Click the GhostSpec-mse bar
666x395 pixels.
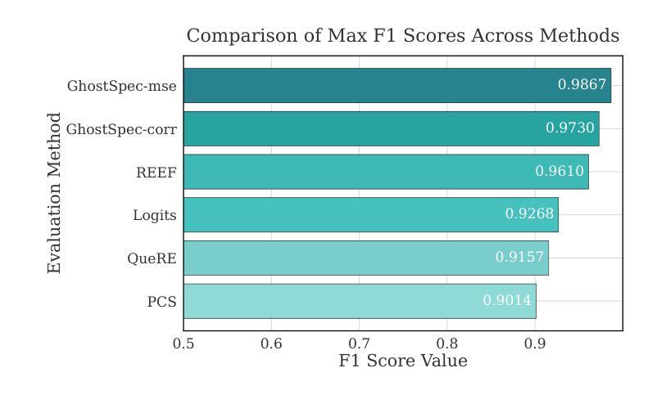pyautogui.click(x=369, y=85)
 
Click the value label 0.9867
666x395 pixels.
pyautogui.click(x=582, y=85)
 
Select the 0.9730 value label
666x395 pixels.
pyautogui.click(x=570, y=128)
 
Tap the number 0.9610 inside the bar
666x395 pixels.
pyautogui.click(x=560, y=172)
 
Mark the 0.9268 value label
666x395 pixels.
pyautogui.click(x=529, y=214)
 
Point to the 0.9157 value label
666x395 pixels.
pyautogui.click(x=519, y=258)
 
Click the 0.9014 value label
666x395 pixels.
pyautogui.click(x=507, y=301)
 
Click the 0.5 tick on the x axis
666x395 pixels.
pyautogui.click(x=183, y=343)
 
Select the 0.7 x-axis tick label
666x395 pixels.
pyautogui.click(x=359, y=343)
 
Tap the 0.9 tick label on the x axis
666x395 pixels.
pyautogui.click(x=535, y=343)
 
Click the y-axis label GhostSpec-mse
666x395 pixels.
pyautogui.click(x=121, y=85)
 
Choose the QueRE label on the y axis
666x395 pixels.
pyautogui.click(x=152, y=258)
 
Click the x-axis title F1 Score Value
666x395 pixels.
pyautogui.click(x=403, y=361)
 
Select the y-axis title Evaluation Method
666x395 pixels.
pyautogui.click(x=55, y=193)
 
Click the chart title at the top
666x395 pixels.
pyautogui.click(x=403, y=36)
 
